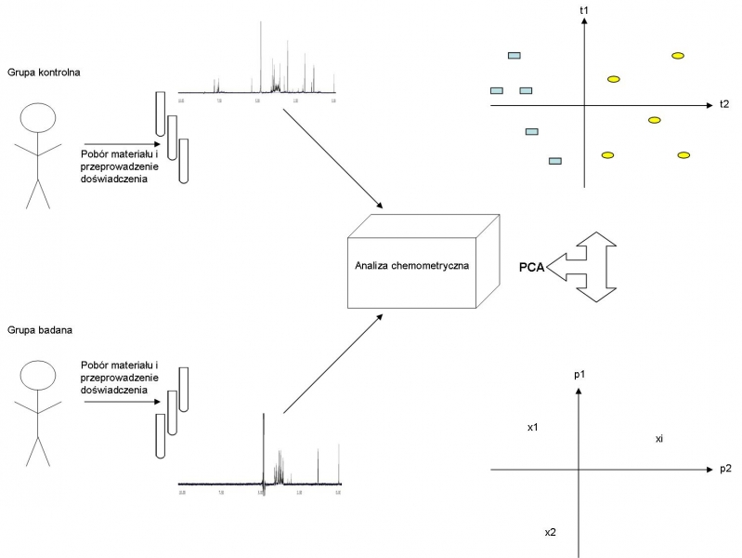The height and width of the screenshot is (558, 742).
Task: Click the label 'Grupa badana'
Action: coord(34,328)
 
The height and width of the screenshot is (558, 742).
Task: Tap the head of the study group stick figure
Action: coord(39,376)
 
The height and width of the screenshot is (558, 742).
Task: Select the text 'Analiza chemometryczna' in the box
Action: coord(411,265)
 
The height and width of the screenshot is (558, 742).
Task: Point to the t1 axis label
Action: coord(584,9)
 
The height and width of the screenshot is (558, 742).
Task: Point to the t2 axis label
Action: coord(723,104)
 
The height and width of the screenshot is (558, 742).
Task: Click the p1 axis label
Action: coord(579,373)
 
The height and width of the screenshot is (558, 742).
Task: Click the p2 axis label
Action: coord(725,469)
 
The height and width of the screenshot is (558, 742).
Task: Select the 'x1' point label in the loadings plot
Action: coord(532,428)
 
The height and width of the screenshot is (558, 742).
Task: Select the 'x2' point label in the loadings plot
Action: coord(550,532)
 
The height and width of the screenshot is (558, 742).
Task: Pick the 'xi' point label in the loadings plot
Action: coord(657,437)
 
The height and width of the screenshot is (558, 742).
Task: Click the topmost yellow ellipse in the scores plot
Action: coord(678,56)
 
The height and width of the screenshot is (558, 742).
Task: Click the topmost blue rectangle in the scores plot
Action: coord(514,56)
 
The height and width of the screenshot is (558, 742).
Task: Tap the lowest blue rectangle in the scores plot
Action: coord(555,161)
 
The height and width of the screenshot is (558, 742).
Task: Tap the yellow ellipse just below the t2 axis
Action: coord(654,120)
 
